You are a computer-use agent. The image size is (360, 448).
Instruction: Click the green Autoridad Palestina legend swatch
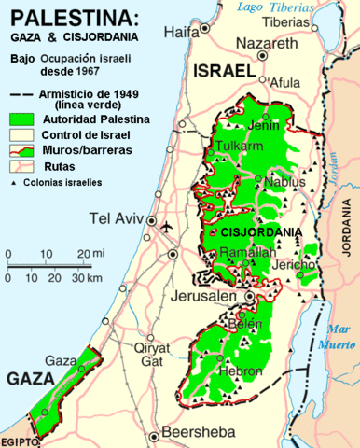coord(21,119)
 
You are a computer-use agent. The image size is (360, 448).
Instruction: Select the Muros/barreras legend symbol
coord(21,149)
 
